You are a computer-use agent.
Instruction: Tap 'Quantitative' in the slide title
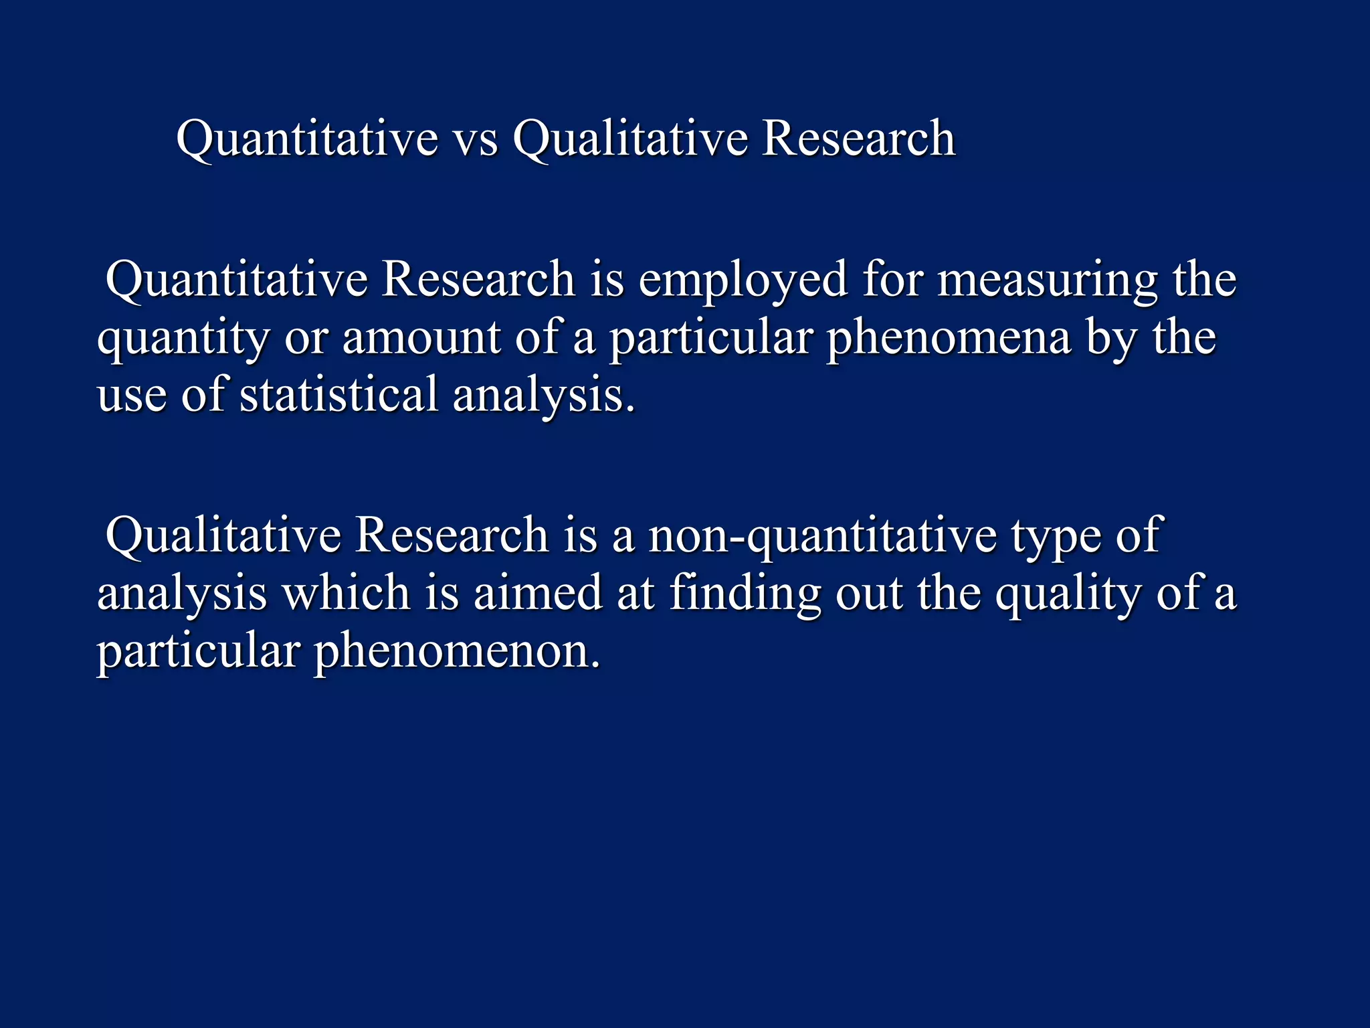point(307,139)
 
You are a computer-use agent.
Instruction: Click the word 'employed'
point(743,280)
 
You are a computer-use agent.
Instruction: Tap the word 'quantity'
point(183,338)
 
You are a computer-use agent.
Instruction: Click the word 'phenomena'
point(949,338)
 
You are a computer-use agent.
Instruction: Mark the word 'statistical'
point(338,394)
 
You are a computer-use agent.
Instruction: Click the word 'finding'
point(745,594)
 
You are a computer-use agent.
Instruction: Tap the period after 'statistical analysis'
point(629,409)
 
